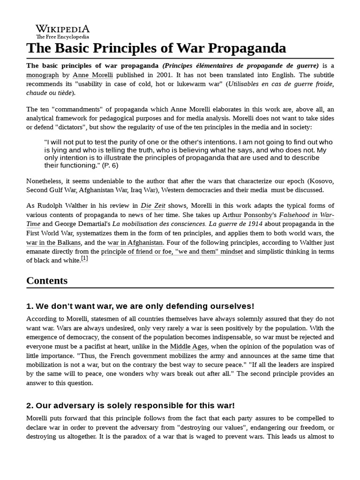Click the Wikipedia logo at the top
tap(63, 31)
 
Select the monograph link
tap(43, 75)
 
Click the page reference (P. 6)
tap(110, 165)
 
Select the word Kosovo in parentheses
tap(321, 180)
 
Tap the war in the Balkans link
tap(54, 242)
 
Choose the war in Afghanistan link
tap(135, 242)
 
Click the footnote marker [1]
tap(84, 258)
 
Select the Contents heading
tap(47, 281)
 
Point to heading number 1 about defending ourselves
tap(140, 306)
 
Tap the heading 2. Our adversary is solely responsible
tap(131, 405)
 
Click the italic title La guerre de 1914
tap(240, 224)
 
